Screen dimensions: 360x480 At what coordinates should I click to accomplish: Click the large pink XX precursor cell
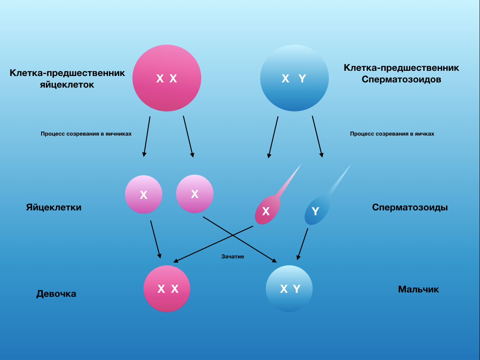[x=167, y=78]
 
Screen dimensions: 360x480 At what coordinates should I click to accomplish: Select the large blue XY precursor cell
[x=294, y=78]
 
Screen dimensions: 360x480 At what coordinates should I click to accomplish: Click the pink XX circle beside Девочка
[x=167, y=289]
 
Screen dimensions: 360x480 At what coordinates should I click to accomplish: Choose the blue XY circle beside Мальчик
[x=289, y=289]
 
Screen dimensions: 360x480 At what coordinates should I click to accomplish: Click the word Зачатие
[x=233, y=256]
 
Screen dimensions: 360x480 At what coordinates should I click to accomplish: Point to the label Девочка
[x=56, y=294]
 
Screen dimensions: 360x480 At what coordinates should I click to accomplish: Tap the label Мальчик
[x=418, y=289]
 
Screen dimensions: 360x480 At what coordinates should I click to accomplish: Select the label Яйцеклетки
[x=54, y=208]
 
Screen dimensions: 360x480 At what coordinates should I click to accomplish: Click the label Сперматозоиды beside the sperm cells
[x=410, y=208]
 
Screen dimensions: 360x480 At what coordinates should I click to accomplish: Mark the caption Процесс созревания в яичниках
[x=86, y=134]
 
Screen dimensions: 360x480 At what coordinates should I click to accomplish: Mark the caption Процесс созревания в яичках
[x=392, y=134]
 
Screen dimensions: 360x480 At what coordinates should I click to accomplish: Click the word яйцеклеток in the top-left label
[x=67, y=85]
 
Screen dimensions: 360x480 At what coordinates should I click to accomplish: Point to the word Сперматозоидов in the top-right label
[x=401, y=80]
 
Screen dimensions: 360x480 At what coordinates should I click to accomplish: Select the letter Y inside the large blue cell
[x=302, y=79]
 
